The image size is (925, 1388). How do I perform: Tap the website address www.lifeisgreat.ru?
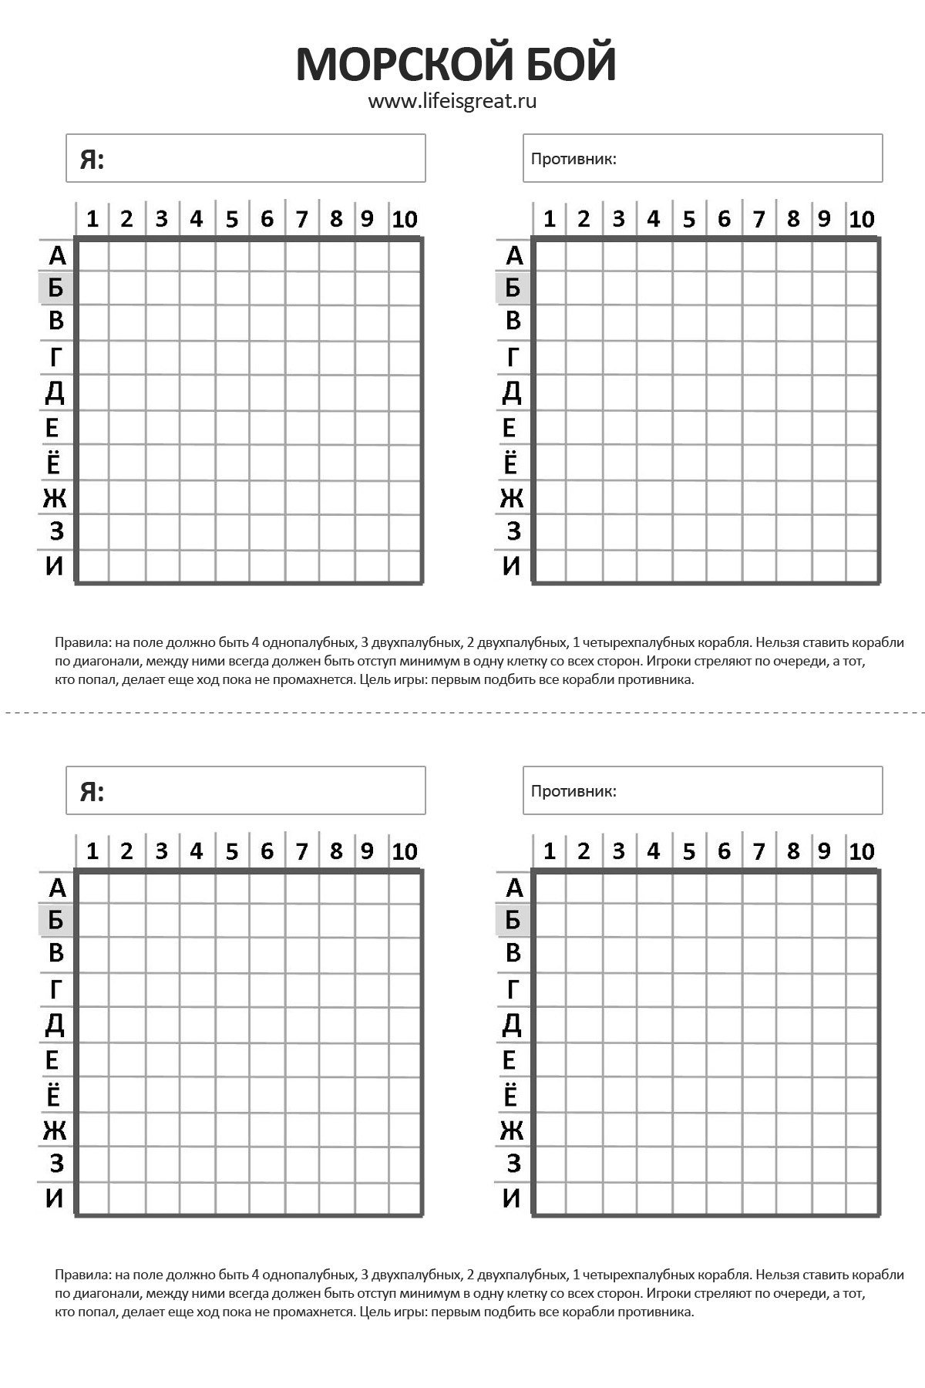(452, 101)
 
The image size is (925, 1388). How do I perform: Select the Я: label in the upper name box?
(92, 160)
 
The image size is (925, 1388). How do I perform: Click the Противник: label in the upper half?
(573, 160)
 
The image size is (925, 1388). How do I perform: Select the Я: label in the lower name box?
(92, 792)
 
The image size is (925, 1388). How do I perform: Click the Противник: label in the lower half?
(573, 792)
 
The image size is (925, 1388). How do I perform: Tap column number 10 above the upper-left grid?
(405, 220)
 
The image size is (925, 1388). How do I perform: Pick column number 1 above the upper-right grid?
(549, 220)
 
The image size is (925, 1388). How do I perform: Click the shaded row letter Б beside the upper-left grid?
(55, 288)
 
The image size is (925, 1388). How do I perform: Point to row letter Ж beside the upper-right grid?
(512, 498)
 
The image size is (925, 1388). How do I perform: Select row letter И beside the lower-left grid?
(55, 1198)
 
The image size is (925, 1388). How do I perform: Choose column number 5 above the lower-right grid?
(688, 852)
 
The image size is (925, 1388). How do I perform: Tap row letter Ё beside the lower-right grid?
(511, 1096)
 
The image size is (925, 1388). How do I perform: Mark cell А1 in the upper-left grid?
(93, 256)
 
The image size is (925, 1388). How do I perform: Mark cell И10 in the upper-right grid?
(862, 567)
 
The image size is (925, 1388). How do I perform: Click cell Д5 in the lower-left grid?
(232, 1025)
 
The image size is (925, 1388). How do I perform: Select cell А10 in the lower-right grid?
(862, 888)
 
